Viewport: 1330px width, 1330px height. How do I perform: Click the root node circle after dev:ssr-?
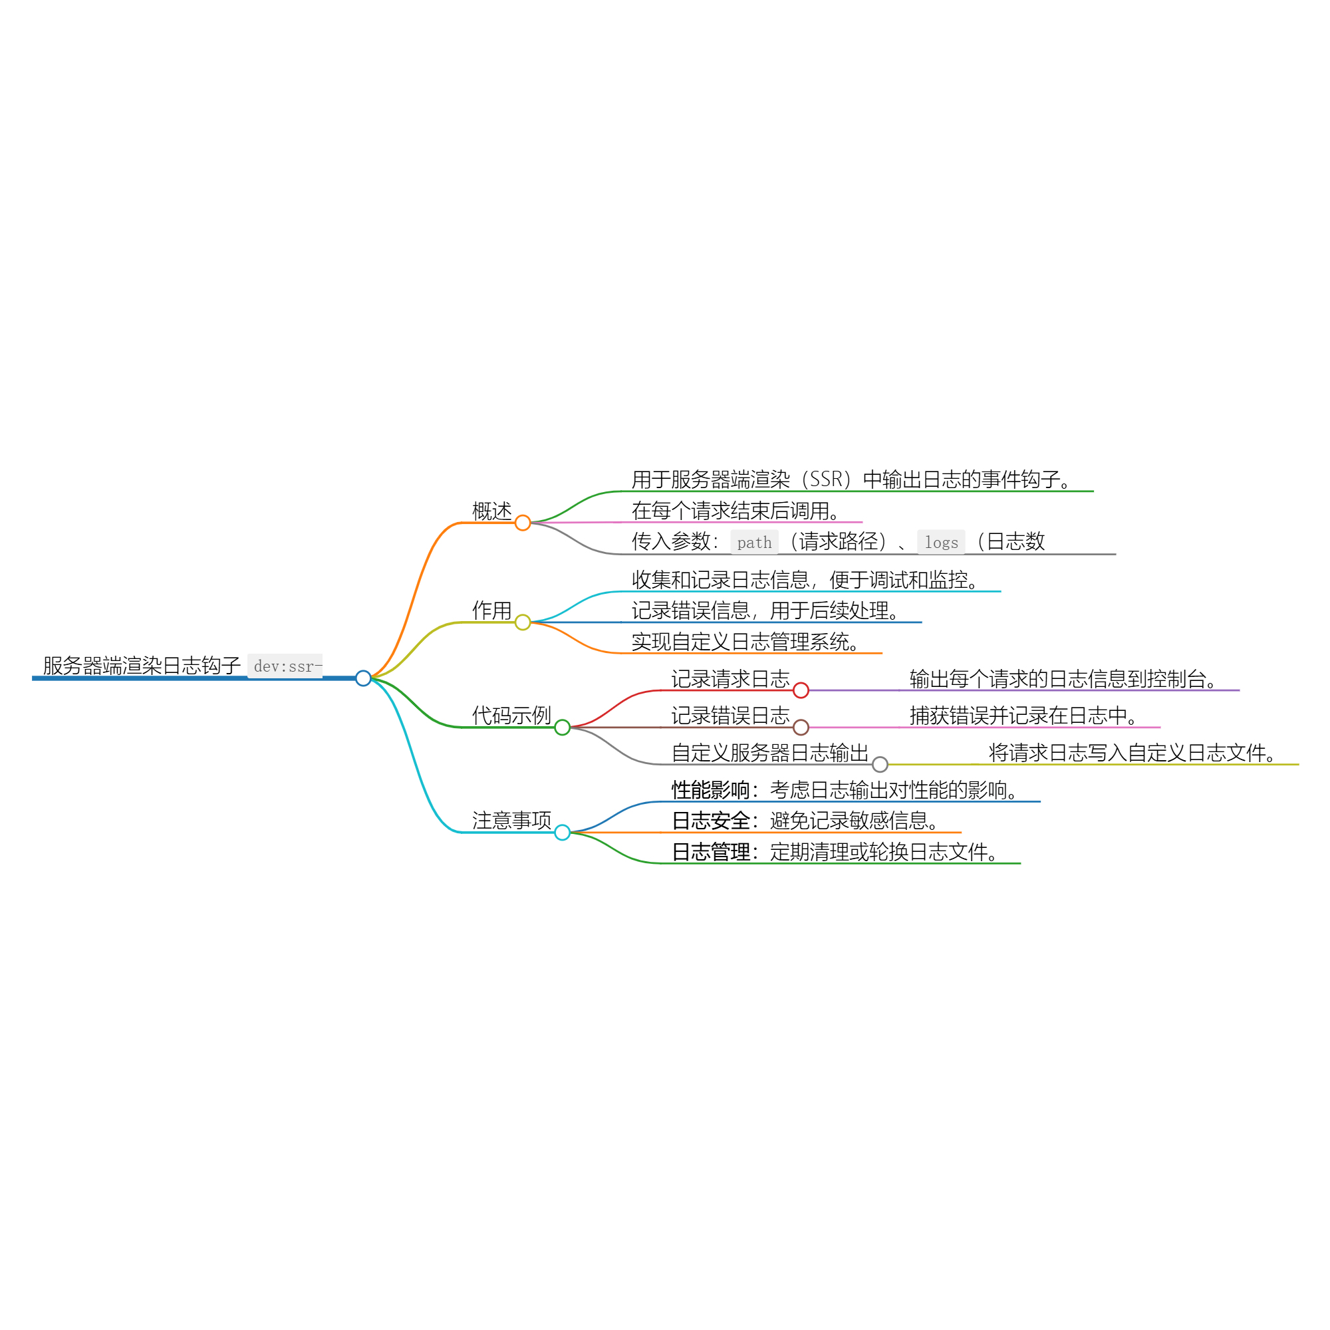pos(364,678)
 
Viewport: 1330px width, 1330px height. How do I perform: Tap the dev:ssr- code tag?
pos(285,666)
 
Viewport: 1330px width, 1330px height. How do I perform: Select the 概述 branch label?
pos(491,511)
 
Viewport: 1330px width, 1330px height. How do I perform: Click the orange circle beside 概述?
pos(523,523)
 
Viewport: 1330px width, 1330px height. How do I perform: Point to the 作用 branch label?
pos(491,610)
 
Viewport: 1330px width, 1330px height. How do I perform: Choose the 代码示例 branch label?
pos(511,716)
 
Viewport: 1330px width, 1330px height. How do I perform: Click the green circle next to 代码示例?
pos(563,727)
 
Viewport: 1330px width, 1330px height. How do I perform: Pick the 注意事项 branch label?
pos(511,821)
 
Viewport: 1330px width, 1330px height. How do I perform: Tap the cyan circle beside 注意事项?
pos(563,833)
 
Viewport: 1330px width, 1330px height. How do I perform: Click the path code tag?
pos(755,543)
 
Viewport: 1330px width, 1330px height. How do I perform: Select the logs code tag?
pos(941,543)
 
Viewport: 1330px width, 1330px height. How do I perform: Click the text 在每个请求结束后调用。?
pos(735,511)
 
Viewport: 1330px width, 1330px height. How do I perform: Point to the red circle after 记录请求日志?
pos(801,690)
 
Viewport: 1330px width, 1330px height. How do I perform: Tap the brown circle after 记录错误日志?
pos(801,727)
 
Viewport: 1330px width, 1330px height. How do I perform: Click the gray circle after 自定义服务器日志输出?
pos(880,764)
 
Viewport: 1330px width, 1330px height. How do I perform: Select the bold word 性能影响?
pos(710,790)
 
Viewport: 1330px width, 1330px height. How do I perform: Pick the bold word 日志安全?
pos(710,821)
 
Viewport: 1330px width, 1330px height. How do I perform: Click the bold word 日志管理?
pos(710,853)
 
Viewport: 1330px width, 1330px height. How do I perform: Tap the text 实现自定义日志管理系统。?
pos(745,642)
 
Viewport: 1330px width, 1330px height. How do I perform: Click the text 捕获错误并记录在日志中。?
pos(1023,716)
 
